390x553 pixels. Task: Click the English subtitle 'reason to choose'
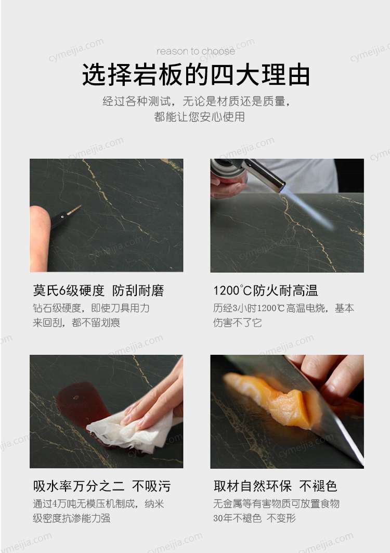click(196, 52)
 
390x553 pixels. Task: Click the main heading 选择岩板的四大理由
click(196, 74)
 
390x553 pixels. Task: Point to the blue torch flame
click(306, 208)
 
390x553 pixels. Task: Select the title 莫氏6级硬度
click(69, 291)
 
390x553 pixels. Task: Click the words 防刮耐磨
click(138, 291)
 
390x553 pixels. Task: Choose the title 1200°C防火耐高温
click(266, 291)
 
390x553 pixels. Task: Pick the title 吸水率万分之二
click(79, 486)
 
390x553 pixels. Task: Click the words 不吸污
click(151, 486)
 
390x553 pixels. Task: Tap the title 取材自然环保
click(253, 486)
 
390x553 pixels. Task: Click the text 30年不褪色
click(237, 518)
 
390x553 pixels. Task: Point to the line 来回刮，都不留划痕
click(76, 323)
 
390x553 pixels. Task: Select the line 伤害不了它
click(237, 323)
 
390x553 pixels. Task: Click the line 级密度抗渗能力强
click(72, 518)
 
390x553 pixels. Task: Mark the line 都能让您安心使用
click(199, 117)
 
